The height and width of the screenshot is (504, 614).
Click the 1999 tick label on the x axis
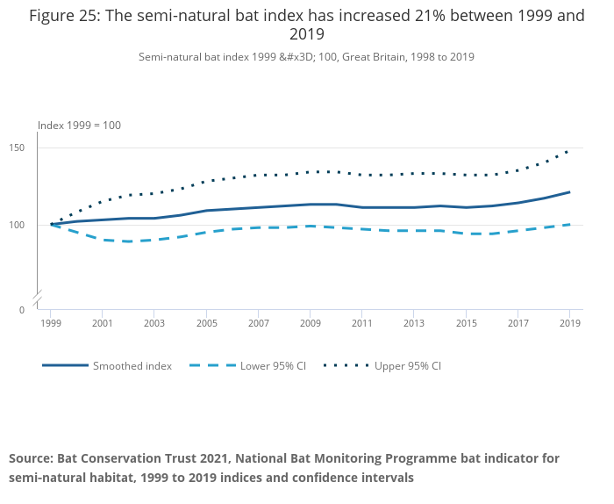[51, 323]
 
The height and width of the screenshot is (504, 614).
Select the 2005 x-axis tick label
[206, 323]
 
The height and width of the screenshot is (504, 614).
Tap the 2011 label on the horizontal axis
[362, 323]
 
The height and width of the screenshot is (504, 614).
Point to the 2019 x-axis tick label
[569, 323]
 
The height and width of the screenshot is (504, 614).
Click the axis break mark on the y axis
[38, 300]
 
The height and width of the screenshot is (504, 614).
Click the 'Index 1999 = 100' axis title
[79, 126]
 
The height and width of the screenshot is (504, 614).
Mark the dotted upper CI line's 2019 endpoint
[569, 150]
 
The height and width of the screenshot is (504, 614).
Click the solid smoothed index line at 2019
[569, 192]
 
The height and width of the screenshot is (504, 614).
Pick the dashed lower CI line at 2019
[569, 225]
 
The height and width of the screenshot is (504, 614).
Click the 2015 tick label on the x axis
[466, 323]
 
